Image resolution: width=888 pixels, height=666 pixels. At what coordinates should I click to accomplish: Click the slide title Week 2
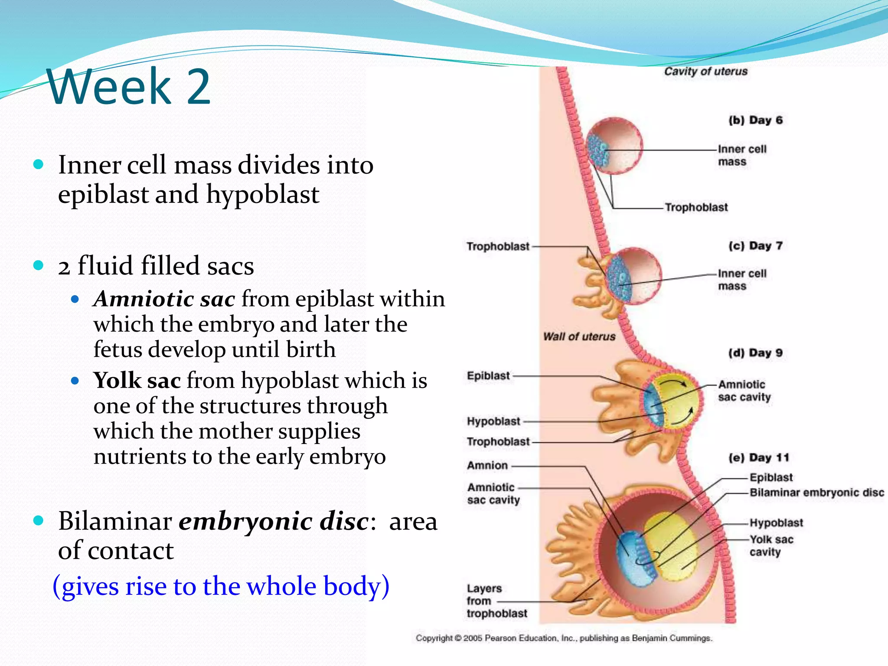point(129,87)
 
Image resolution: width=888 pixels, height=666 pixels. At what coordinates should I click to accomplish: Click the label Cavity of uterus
point(705,72)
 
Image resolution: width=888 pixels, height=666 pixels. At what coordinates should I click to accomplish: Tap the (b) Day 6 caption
point(755,120)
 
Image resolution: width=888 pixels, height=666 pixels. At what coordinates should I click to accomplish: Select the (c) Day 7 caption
point(755,246)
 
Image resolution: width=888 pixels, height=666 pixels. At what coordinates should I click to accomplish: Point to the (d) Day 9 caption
point(755,353)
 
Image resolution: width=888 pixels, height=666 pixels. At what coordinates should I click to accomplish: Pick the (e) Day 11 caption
point(758,457)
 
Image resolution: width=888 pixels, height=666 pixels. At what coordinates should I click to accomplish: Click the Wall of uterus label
point(579,336)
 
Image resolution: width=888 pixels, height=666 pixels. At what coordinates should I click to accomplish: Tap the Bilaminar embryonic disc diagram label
point(816,493)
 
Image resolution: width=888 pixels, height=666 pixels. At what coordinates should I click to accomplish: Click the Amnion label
point(487,465)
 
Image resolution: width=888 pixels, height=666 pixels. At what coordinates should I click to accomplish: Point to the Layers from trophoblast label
point(496,601)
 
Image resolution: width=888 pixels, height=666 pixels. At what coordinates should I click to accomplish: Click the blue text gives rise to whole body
point(221,586)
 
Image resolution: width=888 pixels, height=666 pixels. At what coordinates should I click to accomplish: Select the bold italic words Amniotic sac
point(165,299)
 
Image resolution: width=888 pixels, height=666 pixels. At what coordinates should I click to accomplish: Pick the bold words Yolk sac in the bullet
point(137,381)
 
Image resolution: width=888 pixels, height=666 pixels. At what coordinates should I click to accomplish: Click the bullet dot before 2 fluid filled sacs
point(39,265)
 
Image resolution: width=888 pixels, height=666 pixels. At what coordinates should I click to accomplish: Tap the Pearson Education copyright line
point(564,638)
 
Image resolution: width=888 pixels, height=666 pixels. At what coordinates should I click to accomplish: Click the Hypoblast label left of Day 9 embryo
point(493,421)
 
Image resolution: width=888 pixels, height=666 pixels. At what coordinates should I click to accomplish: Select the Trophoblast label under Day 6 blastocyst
point(696,207)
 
